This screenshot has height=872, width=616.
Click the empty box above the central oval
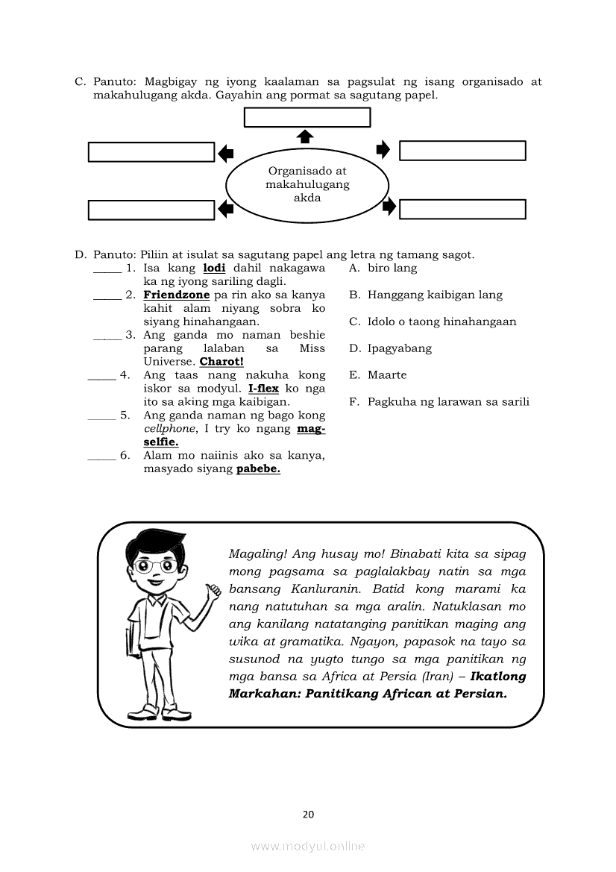[307, 118]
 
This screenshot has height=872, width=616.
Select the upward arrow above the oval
[305, 136]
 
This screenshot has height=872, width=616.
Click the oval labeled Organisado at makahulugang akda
[307, 184]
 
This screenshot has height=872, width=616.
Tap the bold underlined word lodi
[214, 268]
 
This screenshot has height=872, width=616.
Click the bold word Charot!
[221, 362]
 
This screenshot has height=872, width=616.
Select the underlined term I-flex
[263, 389]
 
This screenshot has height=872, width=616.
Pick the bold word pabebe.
[258, 469]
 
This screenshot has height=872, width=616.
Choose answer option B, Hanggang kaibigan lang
[435, 295]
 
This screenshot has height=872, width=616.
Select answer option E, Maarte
[387, 375]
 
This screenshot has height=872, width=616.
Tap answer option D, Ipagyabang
[399, 348]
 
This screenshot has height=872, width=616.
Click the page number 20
[308, 814]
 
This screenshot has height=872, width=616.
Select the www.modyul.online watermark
[308, 846]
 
